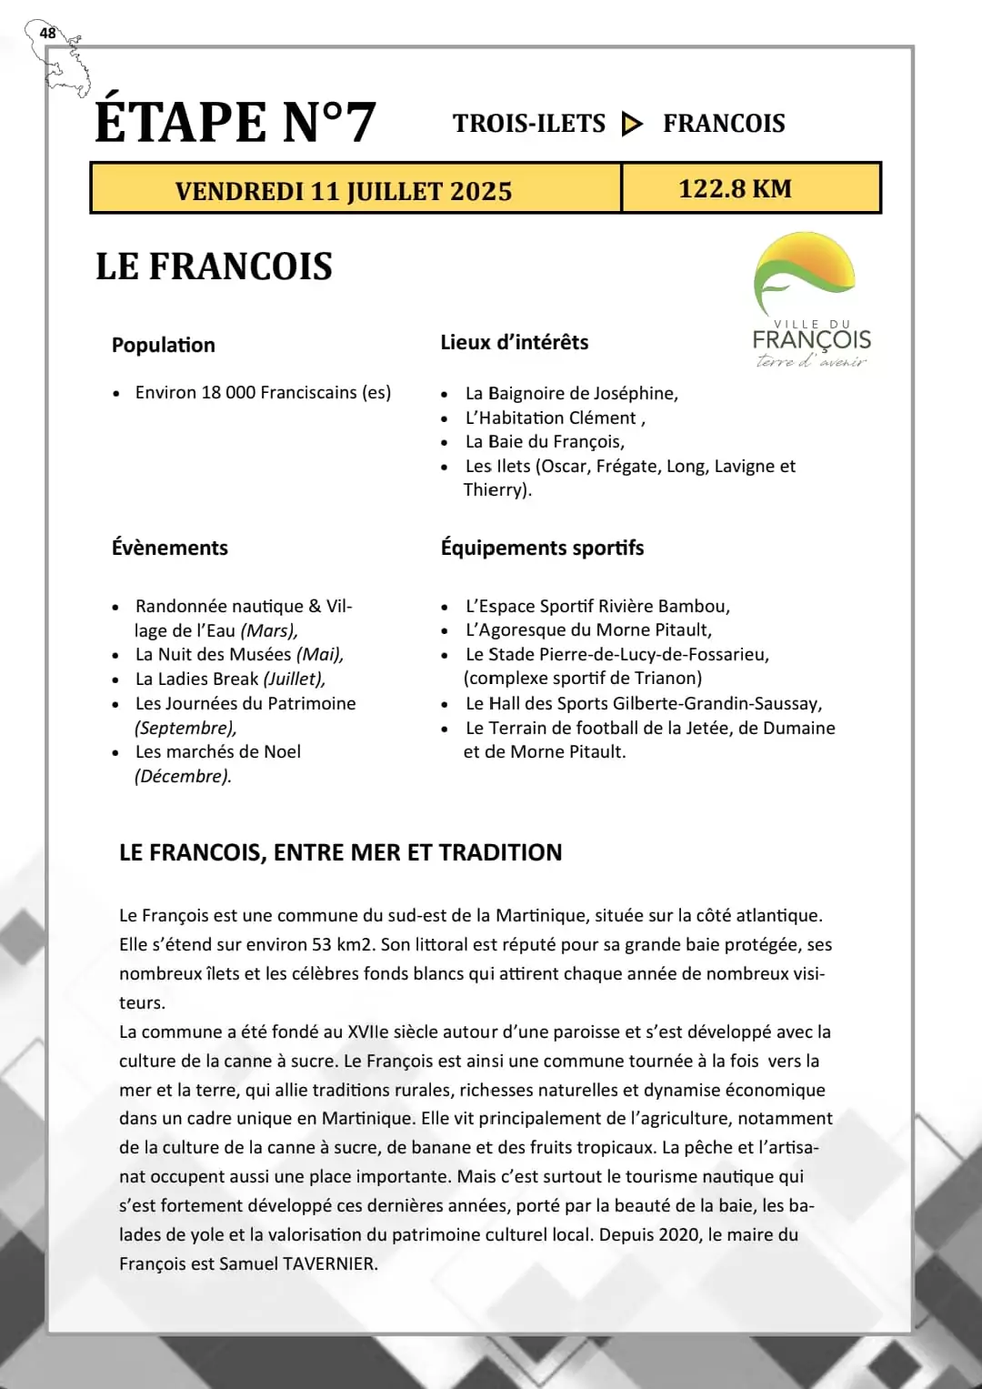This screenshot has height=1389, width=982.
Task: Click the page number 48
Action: coord(47,34)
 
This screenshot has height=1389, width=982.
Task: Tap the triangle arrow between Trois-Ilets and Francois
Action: coord(632,124)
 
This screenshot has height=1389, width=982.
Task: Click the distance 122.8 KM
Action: coord(735,188)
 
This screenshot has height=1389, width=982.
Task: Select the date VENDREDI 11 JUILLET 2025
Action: coord(344,191)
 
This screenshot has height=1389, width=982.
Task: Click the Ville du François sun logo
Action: coord(805,274)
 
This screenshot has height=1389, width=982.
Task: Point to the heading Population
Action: coord(164,345)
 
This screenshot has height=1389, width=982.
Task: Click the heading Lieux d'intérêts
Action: coord(515,342)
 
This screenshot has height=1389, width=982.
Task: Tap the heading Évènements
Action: coord(170,548)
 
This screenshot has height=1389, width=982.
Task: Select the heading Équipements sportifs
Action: coord(542,548)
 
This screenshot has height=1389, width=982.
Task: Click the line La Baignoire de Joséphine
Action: coord(571,393)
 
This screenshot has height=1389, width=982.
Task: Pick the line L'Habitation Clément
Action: coord(555,418)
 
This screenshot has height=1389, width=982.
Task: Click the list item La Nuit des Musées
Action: coord(239,654)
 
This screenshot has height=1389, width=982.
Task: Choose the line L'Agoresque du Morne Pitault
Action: coord(588,629)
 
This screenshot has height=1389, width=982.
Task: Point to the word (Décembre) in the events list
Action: coord(183,776)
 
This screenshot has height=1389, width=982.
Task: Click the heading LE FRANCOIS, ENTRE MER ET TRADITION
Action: coord(341,852)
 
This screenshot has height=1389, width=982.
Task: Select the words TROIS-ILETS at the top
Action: coord(529,124)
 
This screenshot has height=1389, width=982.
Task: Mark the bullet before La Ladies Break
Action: coord(115,679)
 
